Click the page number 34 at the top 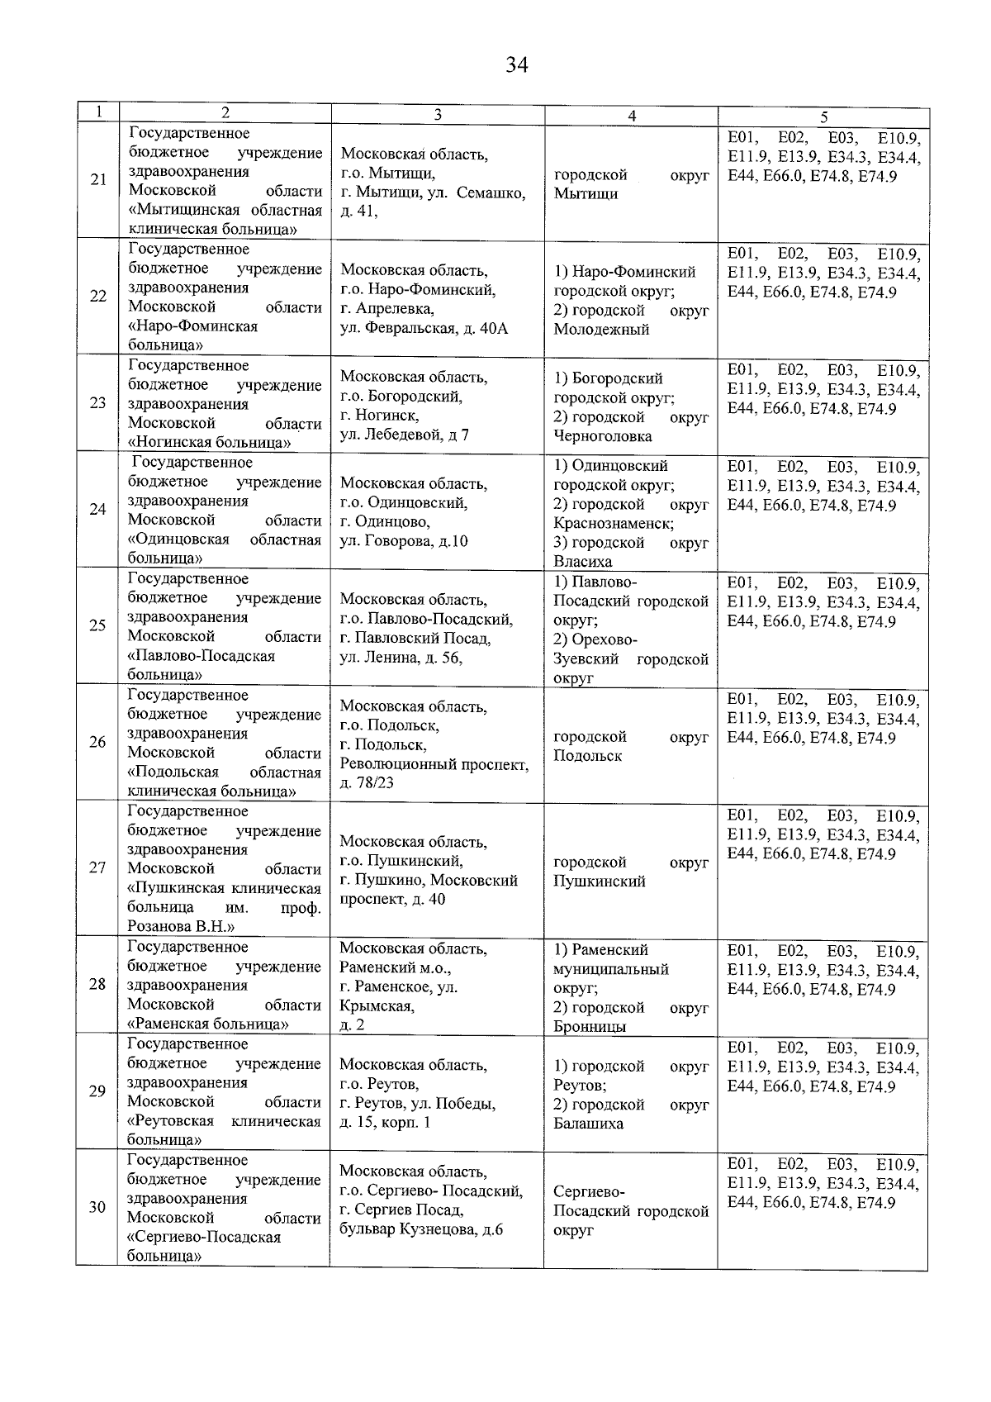[x=517, y=65]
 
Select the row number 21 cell [x=98, y=179]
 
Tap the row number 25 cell [x=97, y=625]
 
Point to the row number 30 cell [x=97, y=1207]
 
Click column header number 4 [x=631, y=116]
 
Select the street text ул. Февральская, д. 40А [x=424, y=329]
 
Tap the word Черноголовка [x=602, y=436]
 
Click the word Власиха [x=582, y=562]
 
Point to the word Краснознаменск [x=614, y=524]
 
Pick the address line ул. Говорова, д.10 [x=404, y=541]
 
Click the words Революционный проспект [x=434, y=764]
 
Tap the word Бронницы [x=589, y=1027]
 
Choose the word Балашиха [x=588, y=1124]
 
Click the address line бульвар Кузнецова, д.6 [x=421, y=1229]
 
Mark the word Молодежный [x=600, y=330]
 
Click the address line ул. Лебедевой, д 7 [x=404, y=435]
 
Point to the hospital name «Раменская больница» [x=208, y=1024]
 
